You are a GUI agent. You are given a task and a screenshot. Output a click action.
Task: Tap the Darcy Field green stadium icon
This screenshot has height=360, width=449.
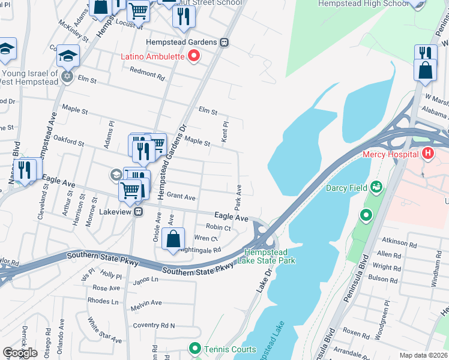click(x=376, y=188)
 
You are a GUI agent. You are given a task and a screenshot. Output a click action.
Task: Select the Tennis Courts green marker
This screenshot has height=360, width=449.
click(x=194, y=349)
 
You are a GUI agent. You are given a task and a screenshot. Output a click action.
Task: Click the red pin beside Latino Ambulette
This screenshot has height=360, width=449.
click(x=194, y=57)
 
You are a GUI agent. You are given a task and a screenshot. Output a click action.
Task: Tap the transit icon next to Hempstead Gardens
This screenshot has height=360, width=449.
click(x=224, y=43)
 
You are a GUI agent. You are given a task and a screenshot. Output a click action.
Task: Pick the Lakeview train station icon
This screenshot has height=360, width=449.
click(x=138, y=212)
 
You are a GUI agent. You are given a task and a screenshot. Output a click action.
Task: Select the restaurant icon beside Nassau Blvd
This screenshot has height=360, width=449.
click(x=25, y=169)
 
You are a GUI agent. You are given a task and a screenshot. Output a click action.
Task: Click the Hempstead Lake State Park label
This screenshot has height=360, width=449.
click(x=270, y=256)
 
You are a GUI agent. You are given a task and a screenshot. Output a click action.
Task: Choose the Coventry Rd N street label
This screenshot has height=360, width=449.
click(x=154, y=325)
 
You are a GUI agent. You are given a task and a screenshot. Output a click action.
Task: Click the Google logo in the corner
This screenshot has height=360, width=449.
click(x=20, y=353)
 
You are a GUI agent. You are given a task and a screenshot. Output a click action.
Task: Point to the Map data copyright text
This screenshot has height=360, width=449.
click(x=424, y=355)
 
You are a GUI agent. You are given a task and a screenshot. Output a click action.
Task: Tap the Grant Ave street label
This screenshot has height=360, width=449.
click(x=181, y=196)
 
